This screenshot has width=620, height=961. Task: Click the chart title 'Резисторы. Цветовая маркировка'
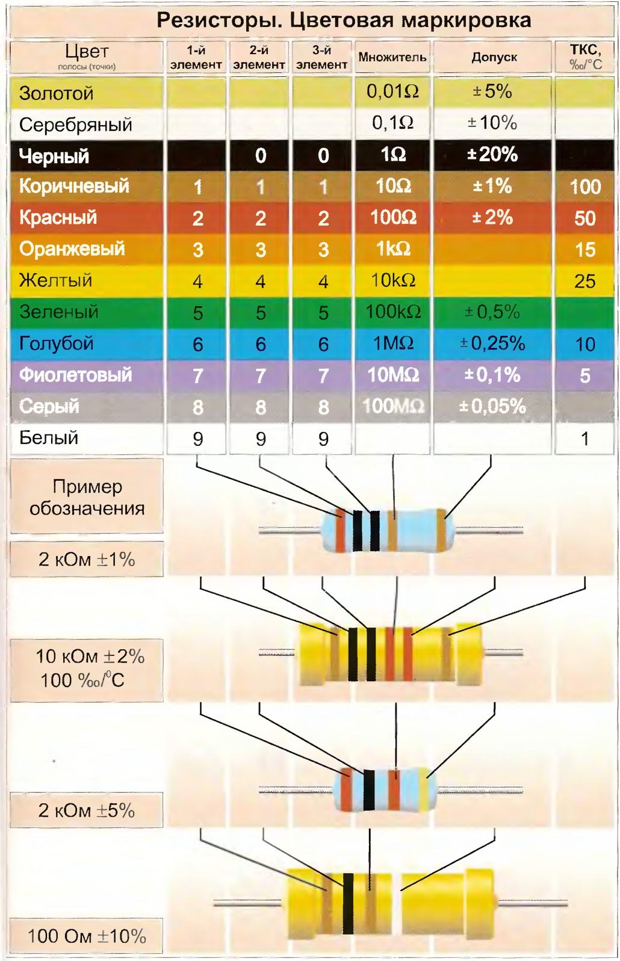click(x=344, y=20)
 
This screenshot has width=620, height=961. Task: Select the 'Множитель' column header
click(x=392, y=58)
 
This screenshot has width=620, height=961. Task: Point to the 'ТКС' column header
click(x=585, y=57)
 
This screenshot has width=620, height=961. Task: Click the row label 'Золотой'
click(x=57, y=93)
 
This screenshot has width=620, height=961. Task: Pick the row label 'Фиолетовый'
click(x=75, y=375)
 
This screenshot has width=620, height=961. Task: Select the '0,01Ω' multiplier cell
click(x=392, y=91)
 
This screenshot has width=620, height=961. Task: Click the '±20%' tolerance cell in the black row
click(x=492, y=155)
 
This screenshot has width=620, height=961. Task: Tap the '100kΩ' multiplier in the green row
click(x=392, y=312)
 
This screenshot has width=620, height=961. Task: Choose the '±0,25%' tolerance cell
click(x=492, y=343)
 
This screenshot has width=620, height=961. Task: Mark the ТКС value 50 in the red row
click(x=584, y=218)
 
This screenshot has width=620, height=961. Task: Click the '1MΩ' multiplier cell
click(x=392, y=343)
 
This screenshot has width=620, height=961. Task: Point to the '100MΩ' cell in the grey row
click(x=392, y=406)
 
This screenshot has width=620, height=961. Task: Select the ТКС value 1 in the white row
click(x=584, y=438)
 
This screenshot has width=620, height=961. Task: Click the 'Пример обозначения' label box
click(x=87, y=497)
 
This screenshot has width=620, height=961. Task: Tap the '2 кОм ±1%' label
click(x=87, y=560)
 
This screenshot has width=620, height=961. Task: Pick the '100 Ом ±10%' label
click(x=87, y=936)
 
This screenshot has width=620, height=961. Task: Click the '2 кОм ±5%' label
click(x=87, y=811)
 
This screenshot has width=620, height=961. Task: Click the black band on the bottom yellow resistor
click(x=348, y=903)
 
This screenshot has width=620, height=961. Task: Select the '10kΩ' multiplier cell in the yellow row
click(x=392, y=280)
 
